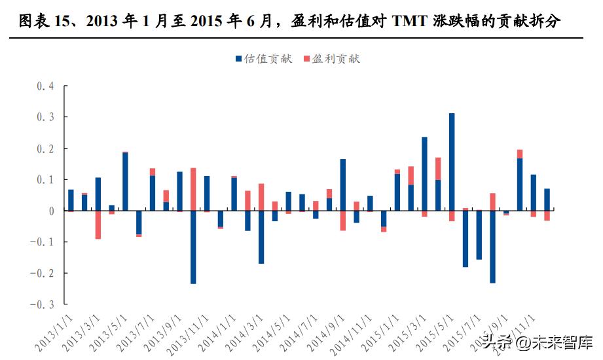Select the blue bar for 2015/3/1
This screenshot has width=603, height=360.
point(424,173)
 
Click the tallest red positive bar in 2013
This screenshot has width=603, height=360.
point(193,189)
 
